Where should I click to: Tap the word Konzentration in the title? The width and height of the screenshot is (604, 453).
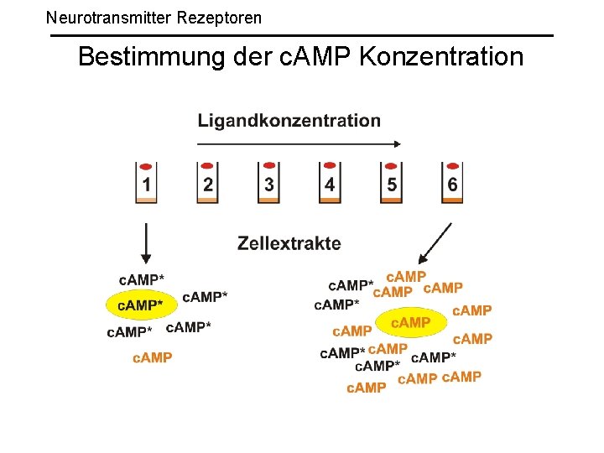coord(441,57)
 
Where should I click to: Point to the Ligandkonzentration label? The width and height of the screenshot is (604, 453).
coord(289,120)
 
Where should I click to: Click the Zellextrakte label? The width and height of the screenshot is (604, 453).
coord(289,243)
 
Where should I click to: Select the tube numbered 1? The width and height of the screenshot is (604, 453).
coord(147,185)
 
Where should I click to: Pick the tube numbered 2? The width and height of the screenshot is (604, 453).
coord(208,185)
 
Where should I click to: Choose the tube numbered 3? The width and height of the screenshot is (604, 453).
coord(268,185)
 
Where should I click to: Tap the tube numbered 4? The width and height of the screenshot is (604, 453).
coord(330,185)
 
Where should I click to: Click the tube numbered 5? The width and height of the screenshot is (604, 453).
coord(391,185)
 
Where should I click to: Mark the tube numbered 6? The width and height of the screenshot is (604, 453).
coord(452,185)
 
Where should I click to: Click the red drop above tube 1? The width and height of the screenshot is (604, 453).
coord(146,166)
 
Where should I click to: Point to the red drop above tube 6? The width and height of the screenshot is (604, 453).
coord(453,166)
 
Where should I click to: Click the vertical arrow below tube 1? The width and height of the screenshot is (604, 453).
coord(147,243)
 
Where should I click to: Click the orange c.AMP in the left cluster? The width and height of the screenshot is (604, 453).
coord(153,357)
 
